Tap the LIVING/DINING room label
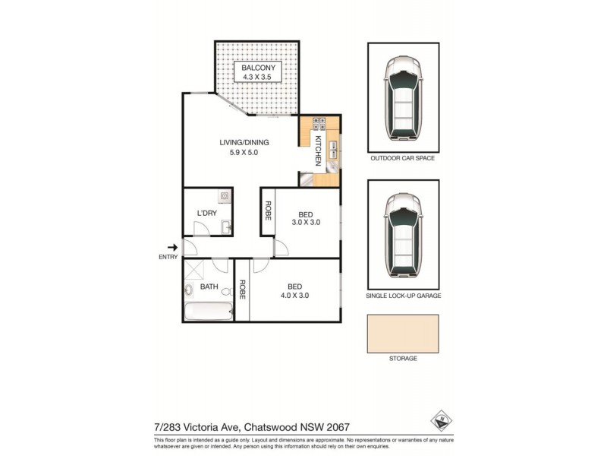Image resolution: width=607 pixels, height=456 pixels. tap(244, 142)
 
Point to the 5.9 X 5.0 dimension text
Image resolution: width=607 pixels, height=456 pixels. tap(244, 153)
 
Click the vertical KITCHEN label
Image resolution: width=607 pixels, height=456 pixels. tap(318, 150)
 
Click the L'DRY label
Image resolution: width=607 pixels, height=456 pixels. tap(207, 213)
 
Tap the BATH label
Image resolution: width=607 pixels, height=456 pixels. tap(209, 287)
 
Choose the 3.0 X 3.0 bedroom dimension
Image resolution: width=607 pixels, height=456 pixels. tap(307, 223)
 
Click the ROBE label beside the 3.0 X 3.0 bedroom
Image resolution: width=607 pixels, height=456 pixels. tap(268, 211)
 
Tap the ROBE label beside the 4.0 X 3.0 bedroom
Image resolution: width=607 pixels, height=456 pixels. tap(242, 290)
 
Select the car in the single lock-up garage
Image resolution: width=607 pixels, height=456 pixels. tap(404, 236)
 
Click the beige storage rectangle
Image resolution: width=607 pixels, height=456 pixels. tap(403, 332)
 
